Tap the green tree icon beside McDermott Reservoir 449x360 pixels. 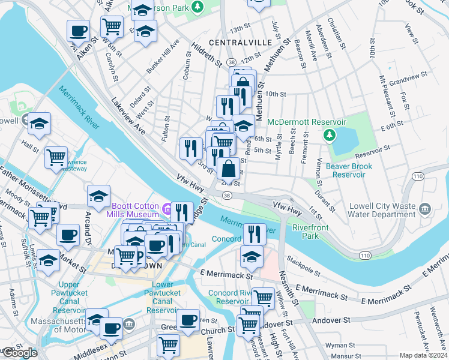coord(329,135)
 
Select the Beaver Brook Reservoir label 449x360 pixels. coord(341,170)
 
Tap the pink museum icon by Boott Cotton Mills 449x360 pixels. coord(167,209)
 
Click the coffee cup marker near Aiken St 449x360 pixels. coord(78,31)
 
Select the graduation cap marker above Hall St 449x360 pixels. coord(40,124)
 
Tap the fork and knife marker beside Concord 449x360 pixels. coord(255,233)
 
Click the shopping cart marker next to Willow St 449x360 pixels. coord(263,298)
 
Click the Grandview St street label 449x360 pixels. coord(408,79)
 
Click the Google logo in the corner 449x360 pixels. coord(19,353)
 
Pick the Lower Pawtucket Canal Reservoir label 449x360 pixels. coord(163,297)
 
